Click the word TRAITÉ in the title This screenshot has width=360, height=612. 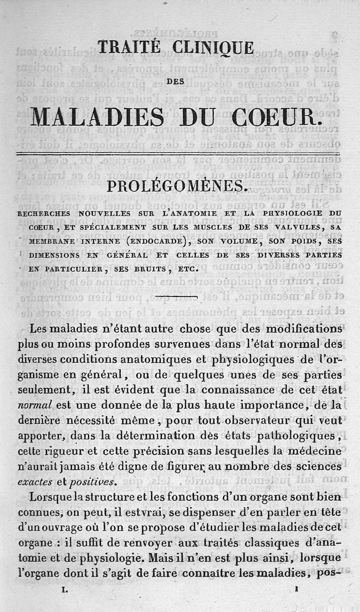[129, 47]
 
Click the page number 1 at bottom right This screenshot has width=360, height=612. [297, 588]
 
